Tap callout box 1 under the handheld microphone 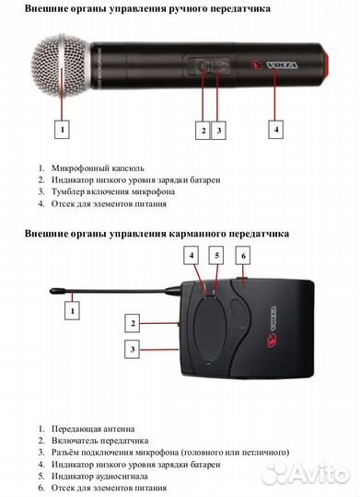63,130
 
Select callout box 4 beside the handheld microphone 276,130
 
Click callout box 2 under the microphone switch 203,130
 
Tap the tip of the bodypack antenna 53,290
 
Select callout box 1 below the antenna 71,312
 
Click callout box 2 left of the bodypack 134,323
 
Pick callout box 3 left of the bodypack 134,350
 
